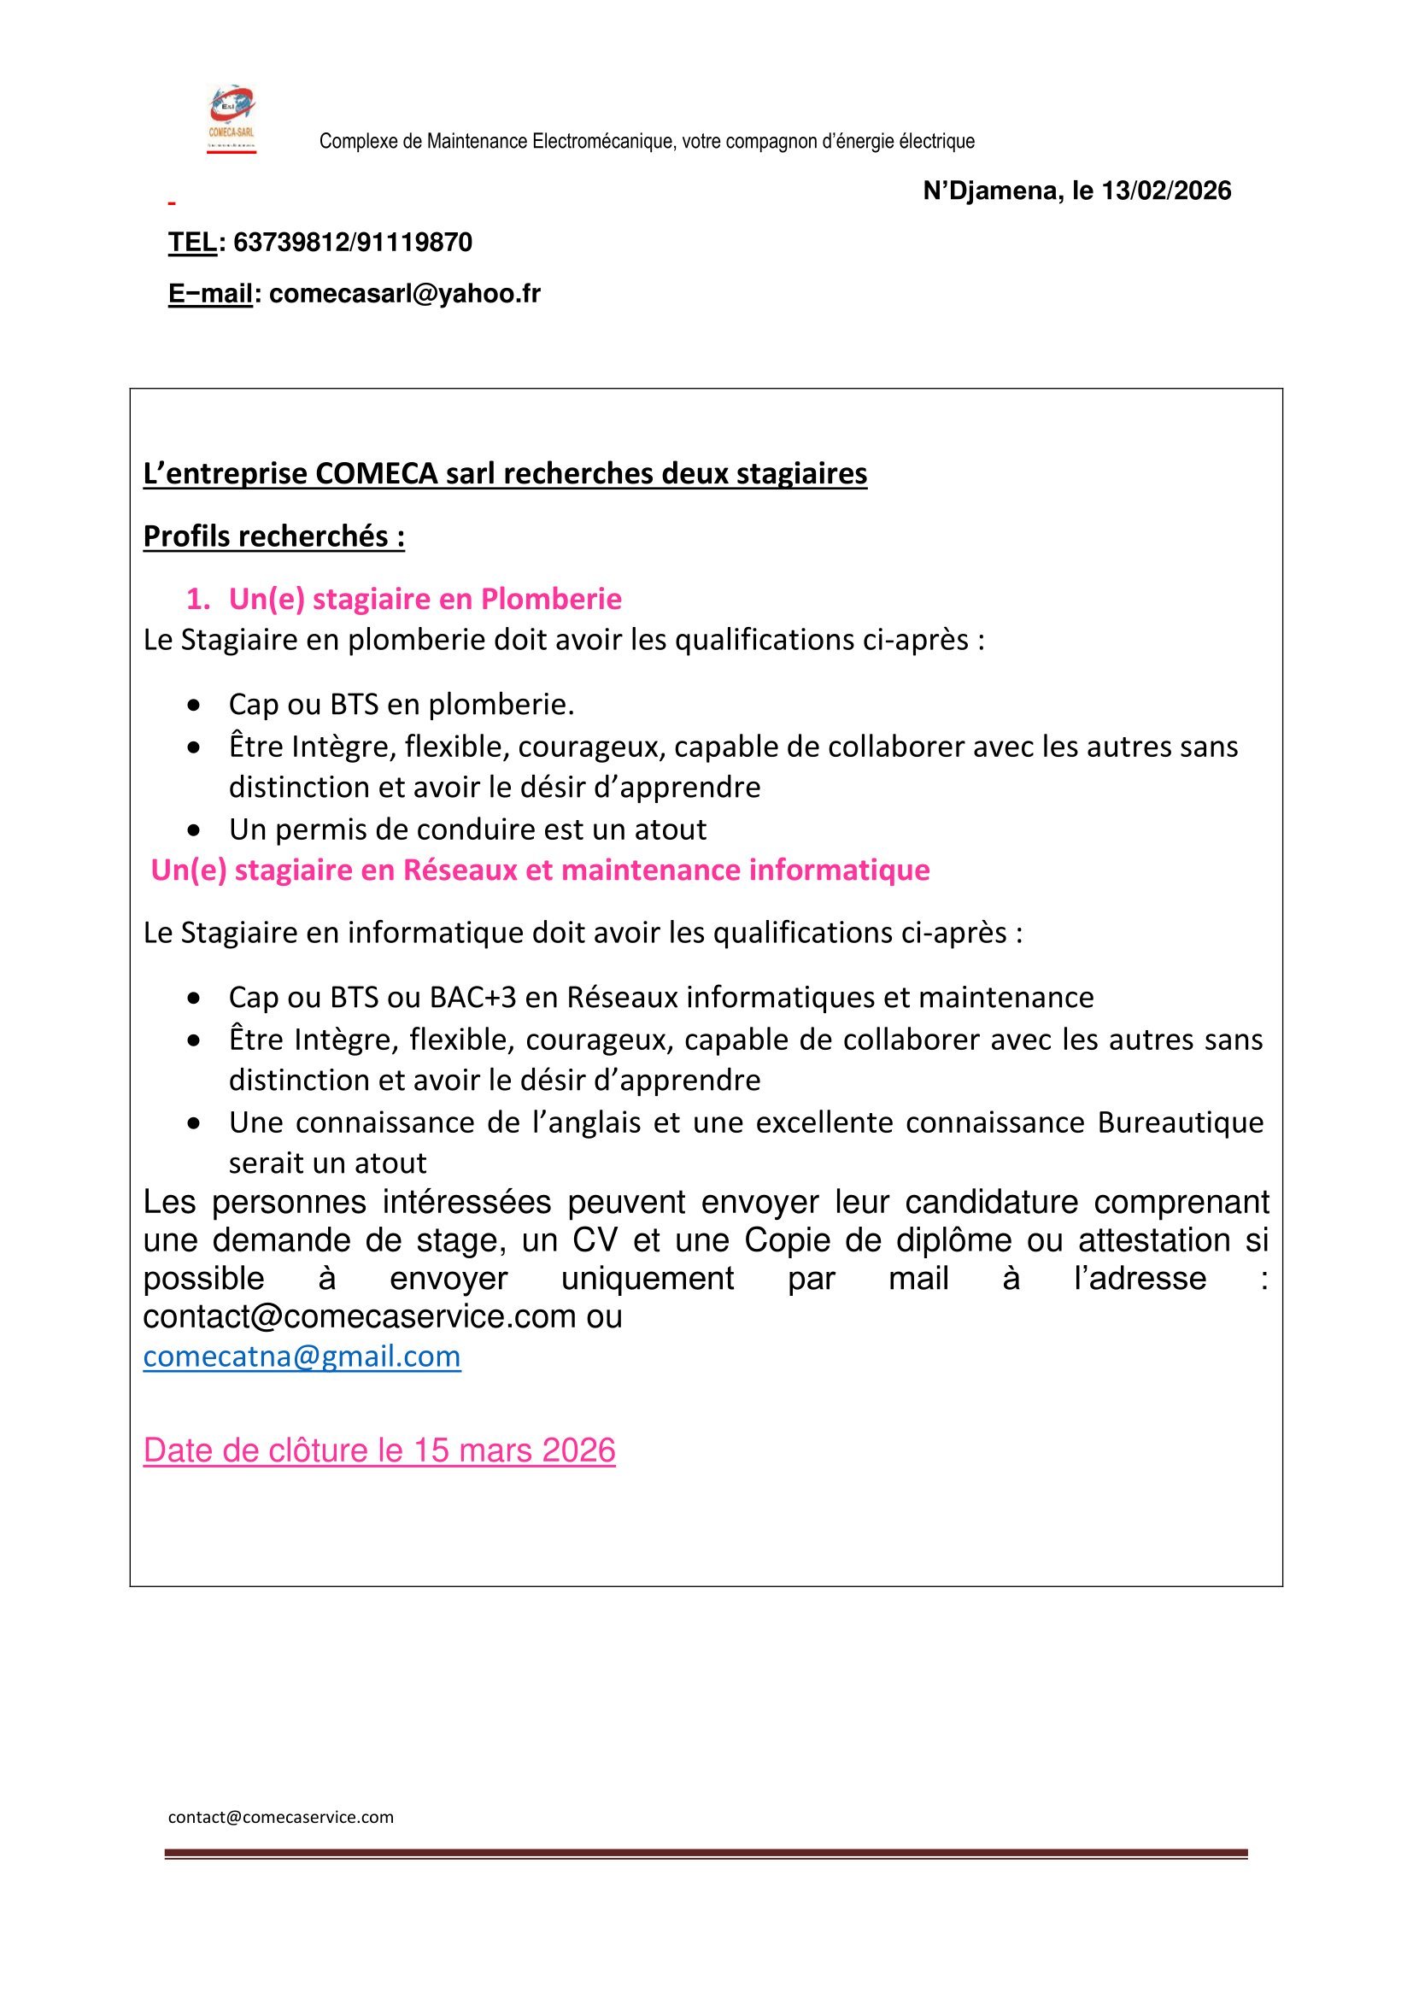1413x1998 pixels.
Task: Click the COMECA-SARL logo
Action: point(232,120)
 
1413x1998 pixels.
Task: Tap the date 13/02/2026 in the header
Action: point(1166,190)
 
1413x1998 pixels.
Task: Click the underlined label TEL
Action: point(191,242)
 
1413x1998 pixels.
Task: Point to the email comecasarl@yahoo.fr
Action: point(405,294)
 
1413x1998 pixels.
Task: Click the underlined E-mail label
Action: point(209,294)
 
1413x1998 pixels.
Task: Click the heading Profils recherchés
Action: point(274,536)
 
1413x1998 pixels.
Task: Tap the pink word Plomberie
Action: point(551,599)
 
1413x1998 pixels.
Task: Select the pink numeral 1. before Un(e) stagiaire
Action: point(197,599)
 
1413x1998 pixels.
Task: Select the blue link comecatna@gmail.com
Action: point(302,1356)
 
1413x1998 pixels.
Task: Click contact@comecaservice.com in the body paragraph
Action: point(360,1316)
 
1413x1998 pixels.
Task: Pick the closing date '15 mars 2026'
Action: point(514,1450)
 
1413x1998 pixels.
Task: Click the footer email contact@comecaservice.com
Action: point(280,1817)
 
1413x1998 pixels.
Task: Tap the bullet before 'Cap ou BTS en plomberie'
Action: point(194,705)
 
